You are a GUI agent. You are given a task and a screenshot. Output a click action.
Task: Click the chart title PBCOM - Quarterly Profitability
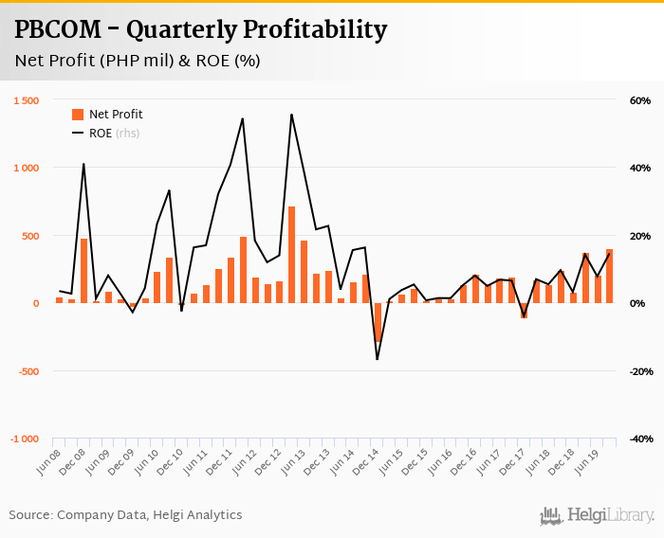[x=200, y=30]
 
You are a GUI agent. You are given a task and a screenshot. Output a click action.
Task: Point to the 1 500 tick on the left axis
[x=27, y=100]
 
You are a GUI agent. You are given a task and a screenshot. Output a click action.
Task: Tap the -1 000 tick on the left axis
[x=25, y=439]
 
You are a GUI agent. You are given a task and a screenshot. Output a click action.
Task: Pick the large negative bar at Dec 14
[x=377, y=322]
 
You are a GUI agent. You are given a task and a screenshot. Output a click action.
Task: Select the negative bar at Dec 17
[x=524, y=311]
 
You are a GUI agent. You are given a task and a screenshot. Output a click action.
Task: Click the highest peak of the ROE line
[x=291, y=115]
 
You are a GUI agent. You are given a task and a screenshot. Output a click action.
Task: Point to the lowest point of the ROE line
[x=377, y=359]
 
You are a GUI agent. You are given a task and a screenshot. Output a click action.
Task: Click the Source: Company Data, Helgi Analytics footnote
[x=125, y=515]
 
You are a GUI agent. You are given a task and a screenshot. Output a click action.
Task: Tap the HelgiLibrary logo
[x=597, y=515]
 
